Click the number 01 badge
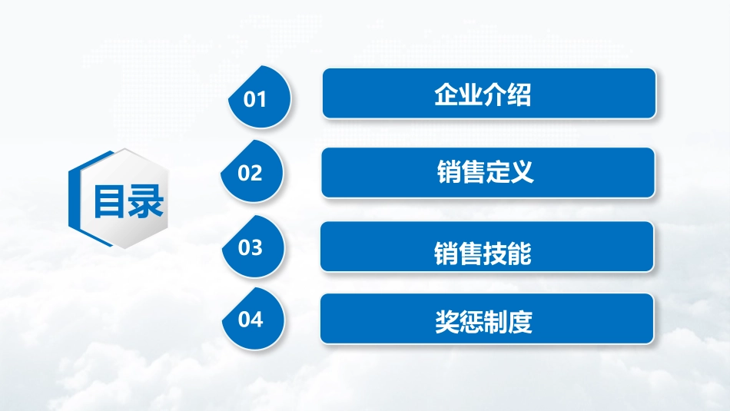tap(260, 97)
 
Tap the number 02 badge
tap(252, 171)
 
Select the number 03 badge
tap(254, 247)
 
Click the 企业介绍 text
tap(483, 94)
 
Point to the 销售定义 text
tap(485, 171)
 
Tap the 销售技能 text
tap(483, 254)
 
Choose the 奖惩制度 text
tap(483, 321)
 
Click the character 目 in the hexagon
tap(109, 201)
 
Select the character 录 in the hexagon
tap(146, 201)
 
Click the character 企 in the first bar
tap(446, 94)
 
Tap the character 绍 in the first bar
tap(519, 94)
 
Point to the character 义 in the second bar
tap(522, 171)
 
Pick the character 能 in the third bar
tap(519, 254)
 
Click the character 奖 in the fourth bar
tap(447, 321)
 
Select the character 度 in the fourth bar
tap(520, 321)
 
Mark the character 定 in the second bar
tap(498, 171)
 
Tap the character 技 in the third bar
tap(495, 254)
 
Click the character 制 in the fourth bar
tap(496, 321)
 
